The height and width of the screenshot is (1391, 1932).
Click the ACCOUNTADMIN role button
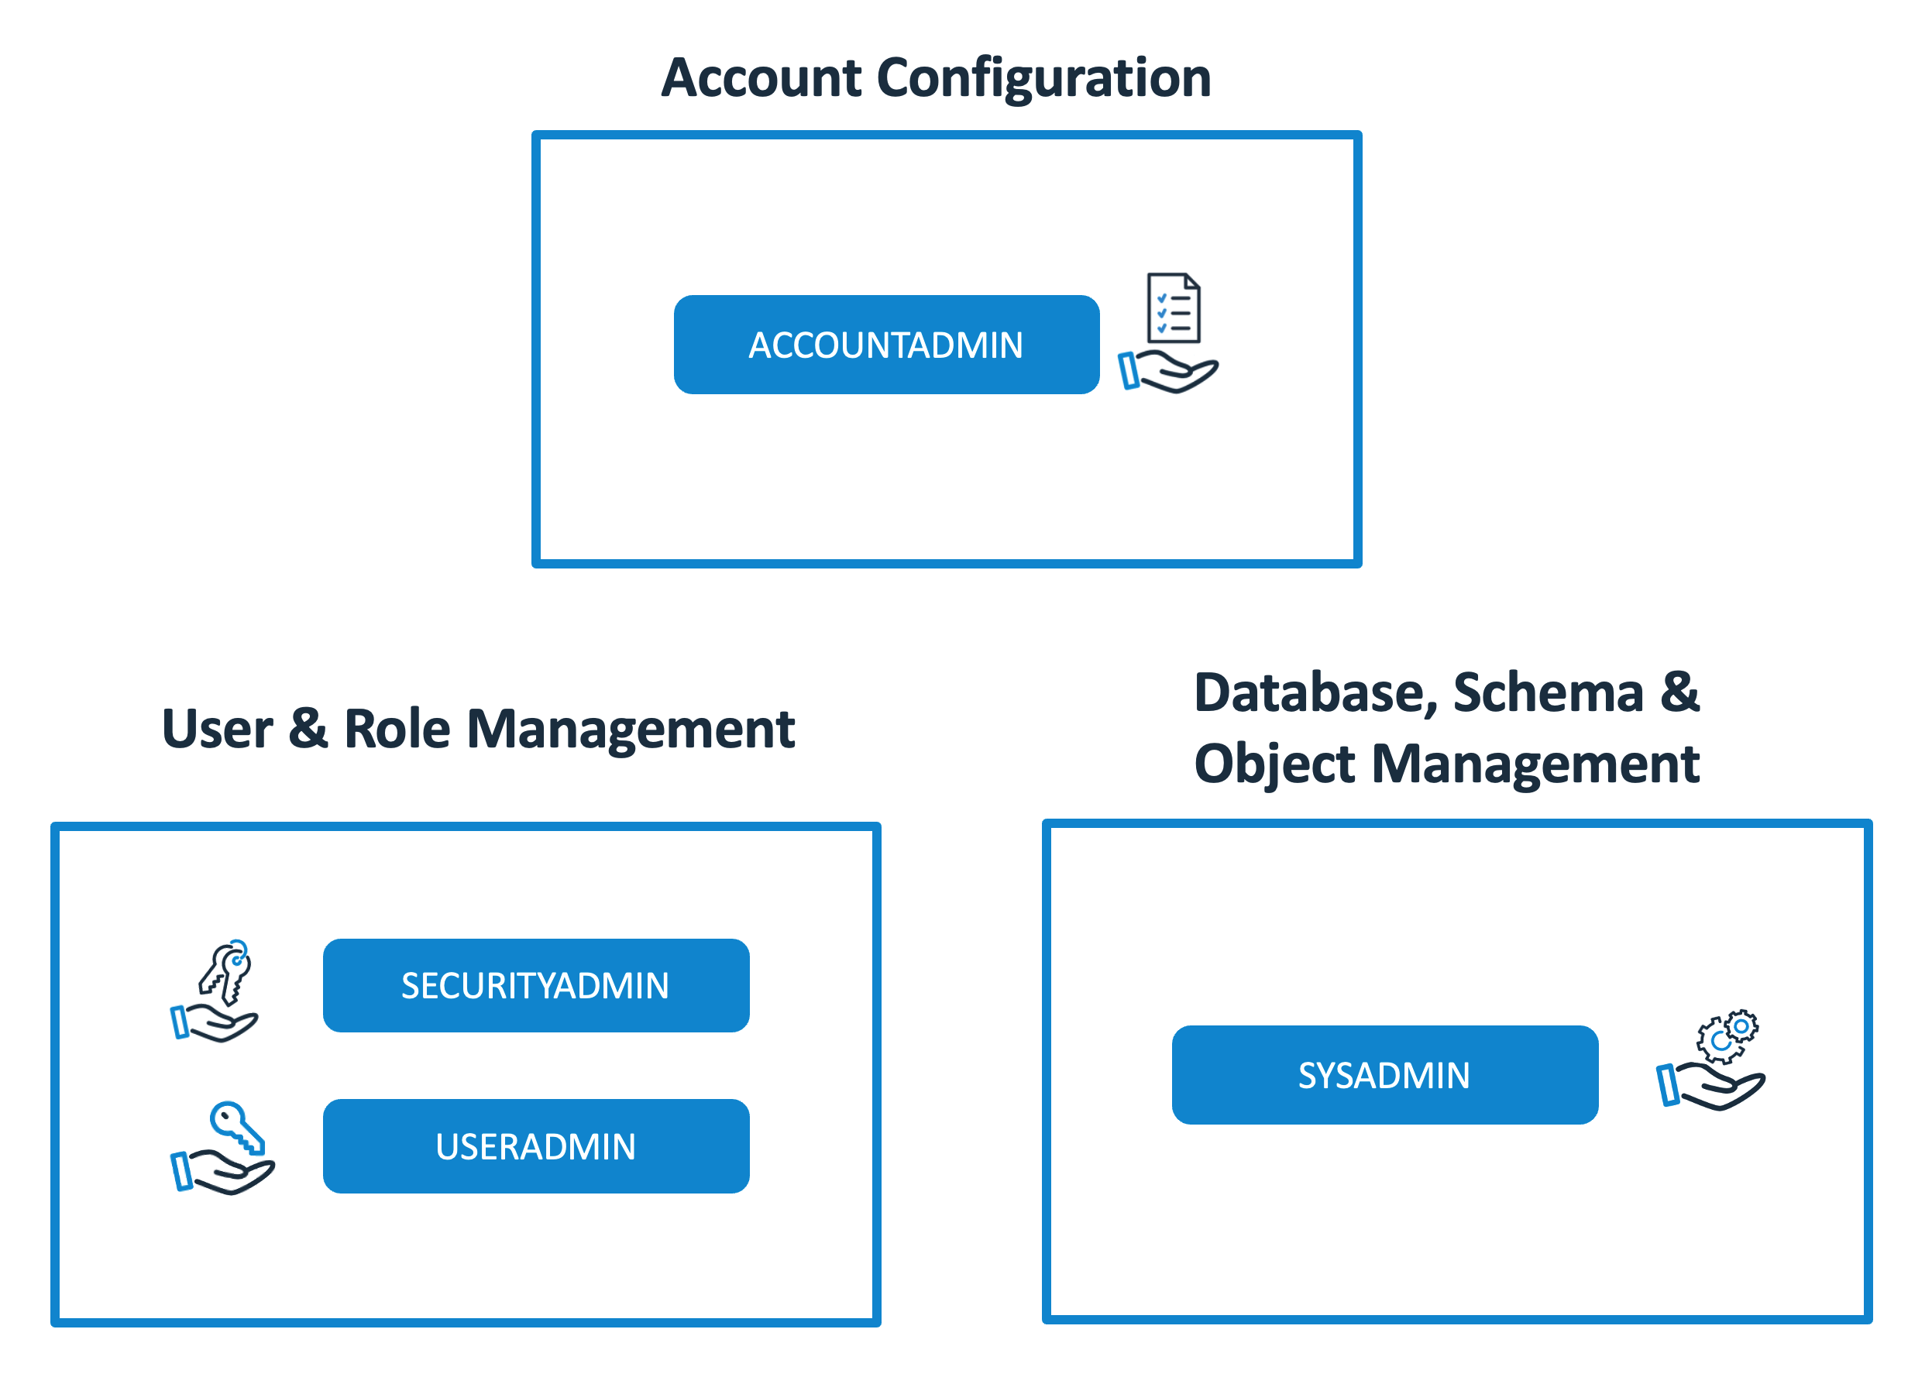click(x=886, y=345)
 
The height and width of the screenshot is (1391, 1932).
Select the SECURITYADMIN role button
click(x=536, y=985)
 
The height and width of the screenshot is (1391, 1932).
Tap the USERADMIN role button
click(x=536, y=1145)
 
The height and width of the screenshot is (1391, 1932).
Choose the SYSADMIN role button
click(x=1384, y=1075)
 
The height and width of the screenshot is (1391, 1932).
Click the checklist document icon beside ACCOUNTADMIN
click(x=1174, y=307)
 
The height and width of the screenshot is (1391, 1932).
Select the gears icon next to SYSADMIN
click(x=1727, y=1036)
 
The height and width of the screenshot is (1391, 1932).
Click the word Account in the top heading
click(x=761, y=77)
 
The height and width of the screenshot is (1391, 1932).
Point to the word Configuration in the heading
click(x=1043, y=77)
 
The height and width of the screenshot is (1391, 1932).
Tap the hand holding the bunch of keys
click(x=215, y=1023)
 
